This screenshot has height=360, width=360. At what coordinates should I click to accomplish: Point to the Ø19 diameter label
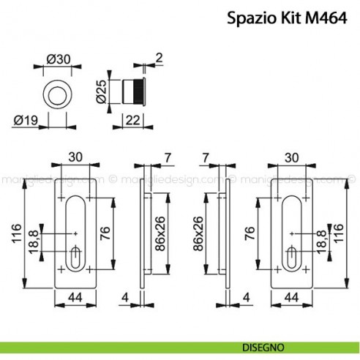26,116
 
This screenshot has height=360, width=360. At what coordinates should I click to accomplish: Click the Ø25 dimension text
103,91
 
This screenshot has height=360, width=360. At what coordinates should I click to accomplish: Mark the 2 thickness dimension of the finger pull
160,56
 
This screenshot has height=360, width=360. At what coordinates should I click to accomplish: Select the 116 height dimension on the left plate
16,235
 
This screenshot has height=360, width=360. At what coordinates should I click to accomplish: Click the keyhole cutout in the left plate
75,257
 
